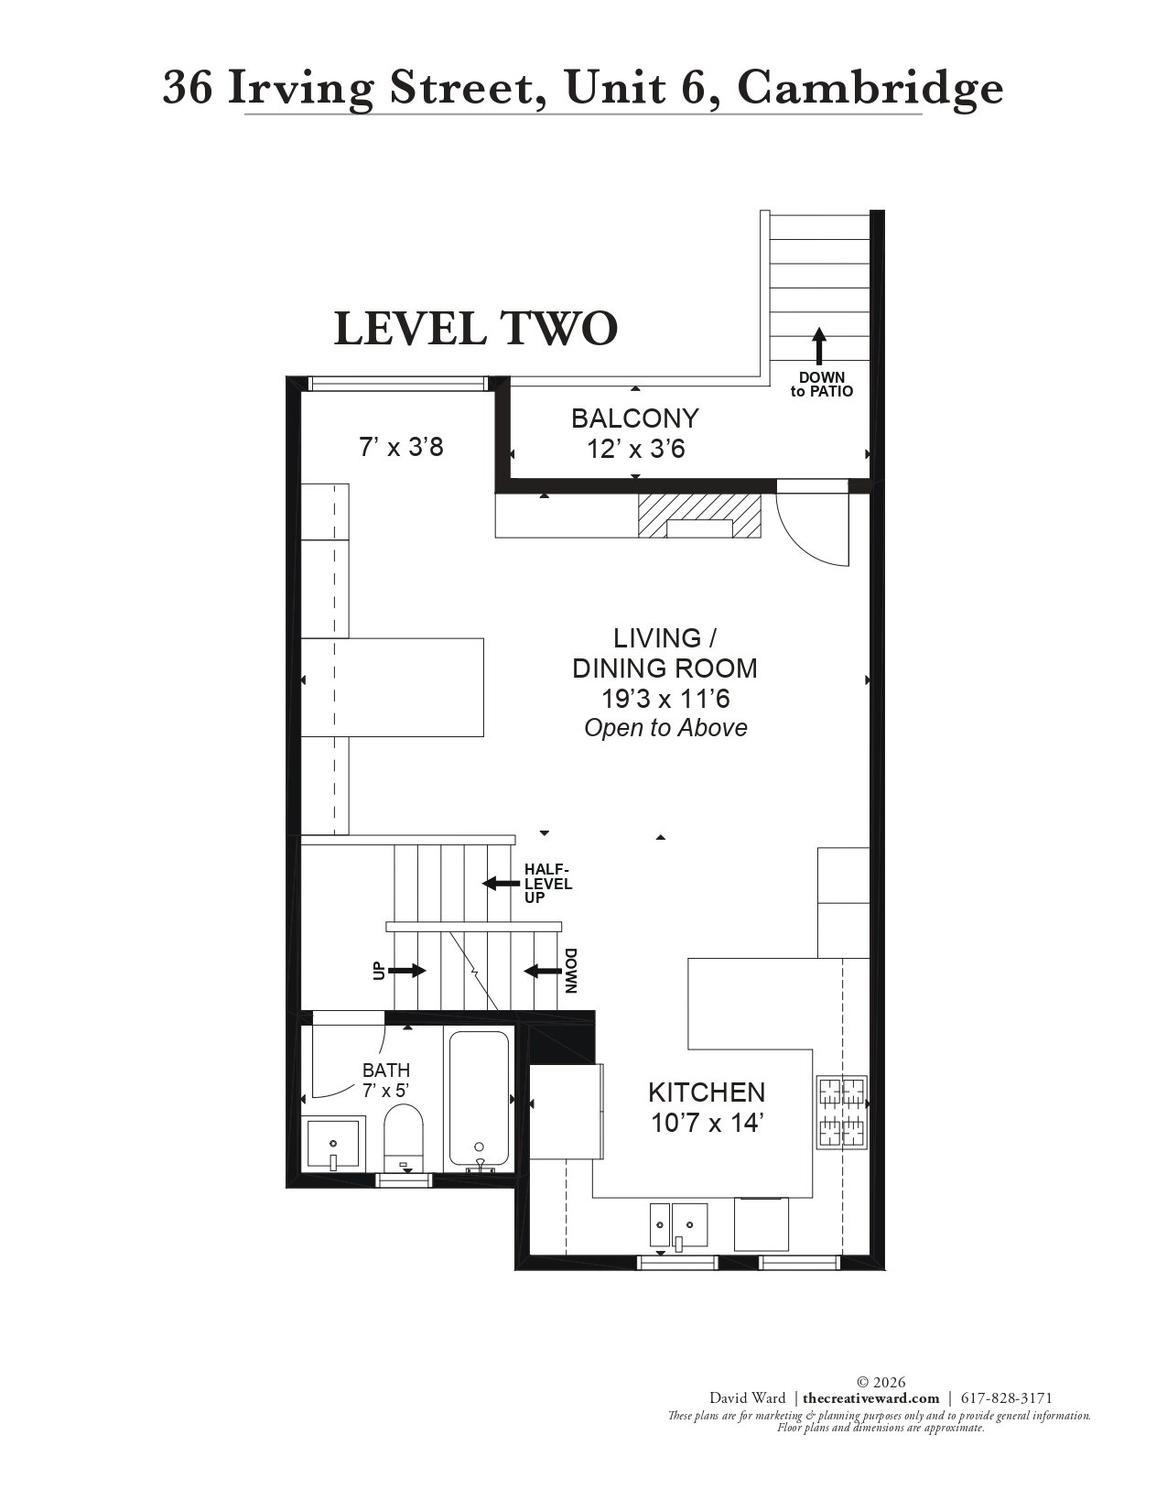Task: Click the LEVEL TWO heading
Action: pos(476,329)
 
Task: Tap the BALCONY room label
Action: pos(634,419)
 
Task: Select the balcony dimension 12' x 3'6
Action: pos(636,450)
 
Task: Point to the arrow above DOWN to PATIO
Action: pos(819,345)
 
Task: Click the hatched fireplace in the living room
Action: pos(699,516)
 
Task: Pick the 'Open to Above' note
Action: pos(665,728)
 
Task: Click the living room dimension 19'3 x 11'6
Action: pos(665,698)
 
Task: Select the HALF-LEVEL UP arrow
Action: pos(501,884)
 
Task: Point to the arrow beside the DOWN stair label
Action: pos(542,971)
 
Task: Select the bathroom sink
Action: pos(334,1145)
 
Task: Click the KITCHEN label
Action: pos(707,1092)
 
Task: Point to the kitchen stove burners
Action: pos(842,1112)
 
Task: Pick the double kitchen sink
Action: pos(678,1225)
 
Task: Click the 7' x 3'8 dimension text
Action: pos(401,447)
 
